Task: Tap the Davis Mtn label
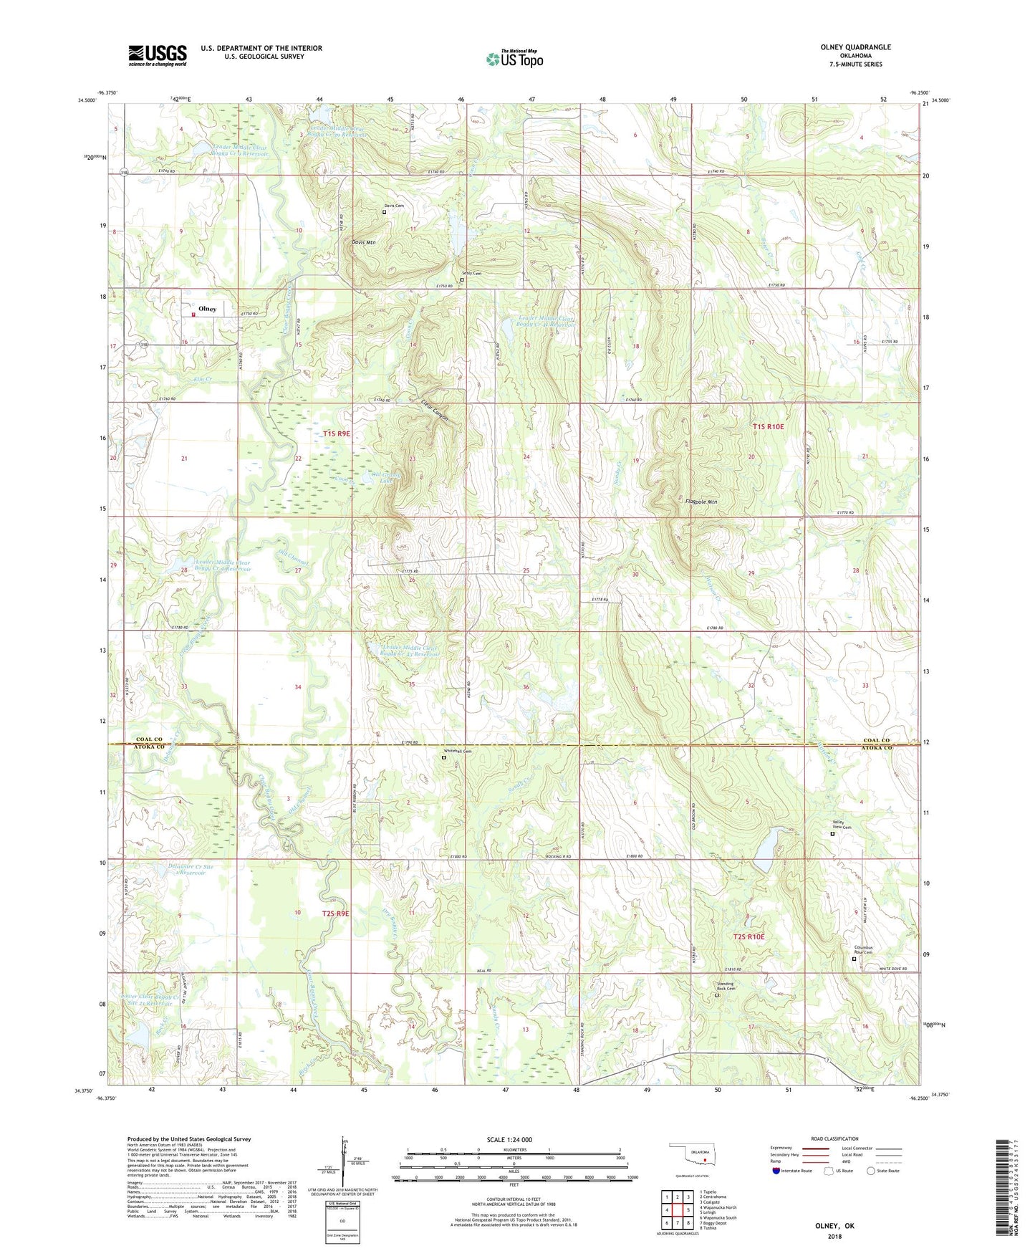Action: click(363, 242)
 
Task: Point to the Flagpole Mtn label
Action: click(701, 502)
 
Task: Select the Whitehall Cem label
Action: click(458, 751)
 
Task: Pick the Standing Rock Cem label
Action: click(725, 986)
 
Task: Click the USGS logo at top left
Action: click(158, 54)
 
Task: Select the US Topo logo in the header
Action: click(514, 59)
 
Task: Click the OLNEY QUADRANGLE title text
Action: click(856, 47)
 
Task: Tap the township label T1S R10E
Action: click(768, 427)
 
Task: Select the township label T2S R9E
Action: click(335, 914)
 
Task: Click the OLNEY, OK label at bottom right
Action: click(834, 1226)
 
